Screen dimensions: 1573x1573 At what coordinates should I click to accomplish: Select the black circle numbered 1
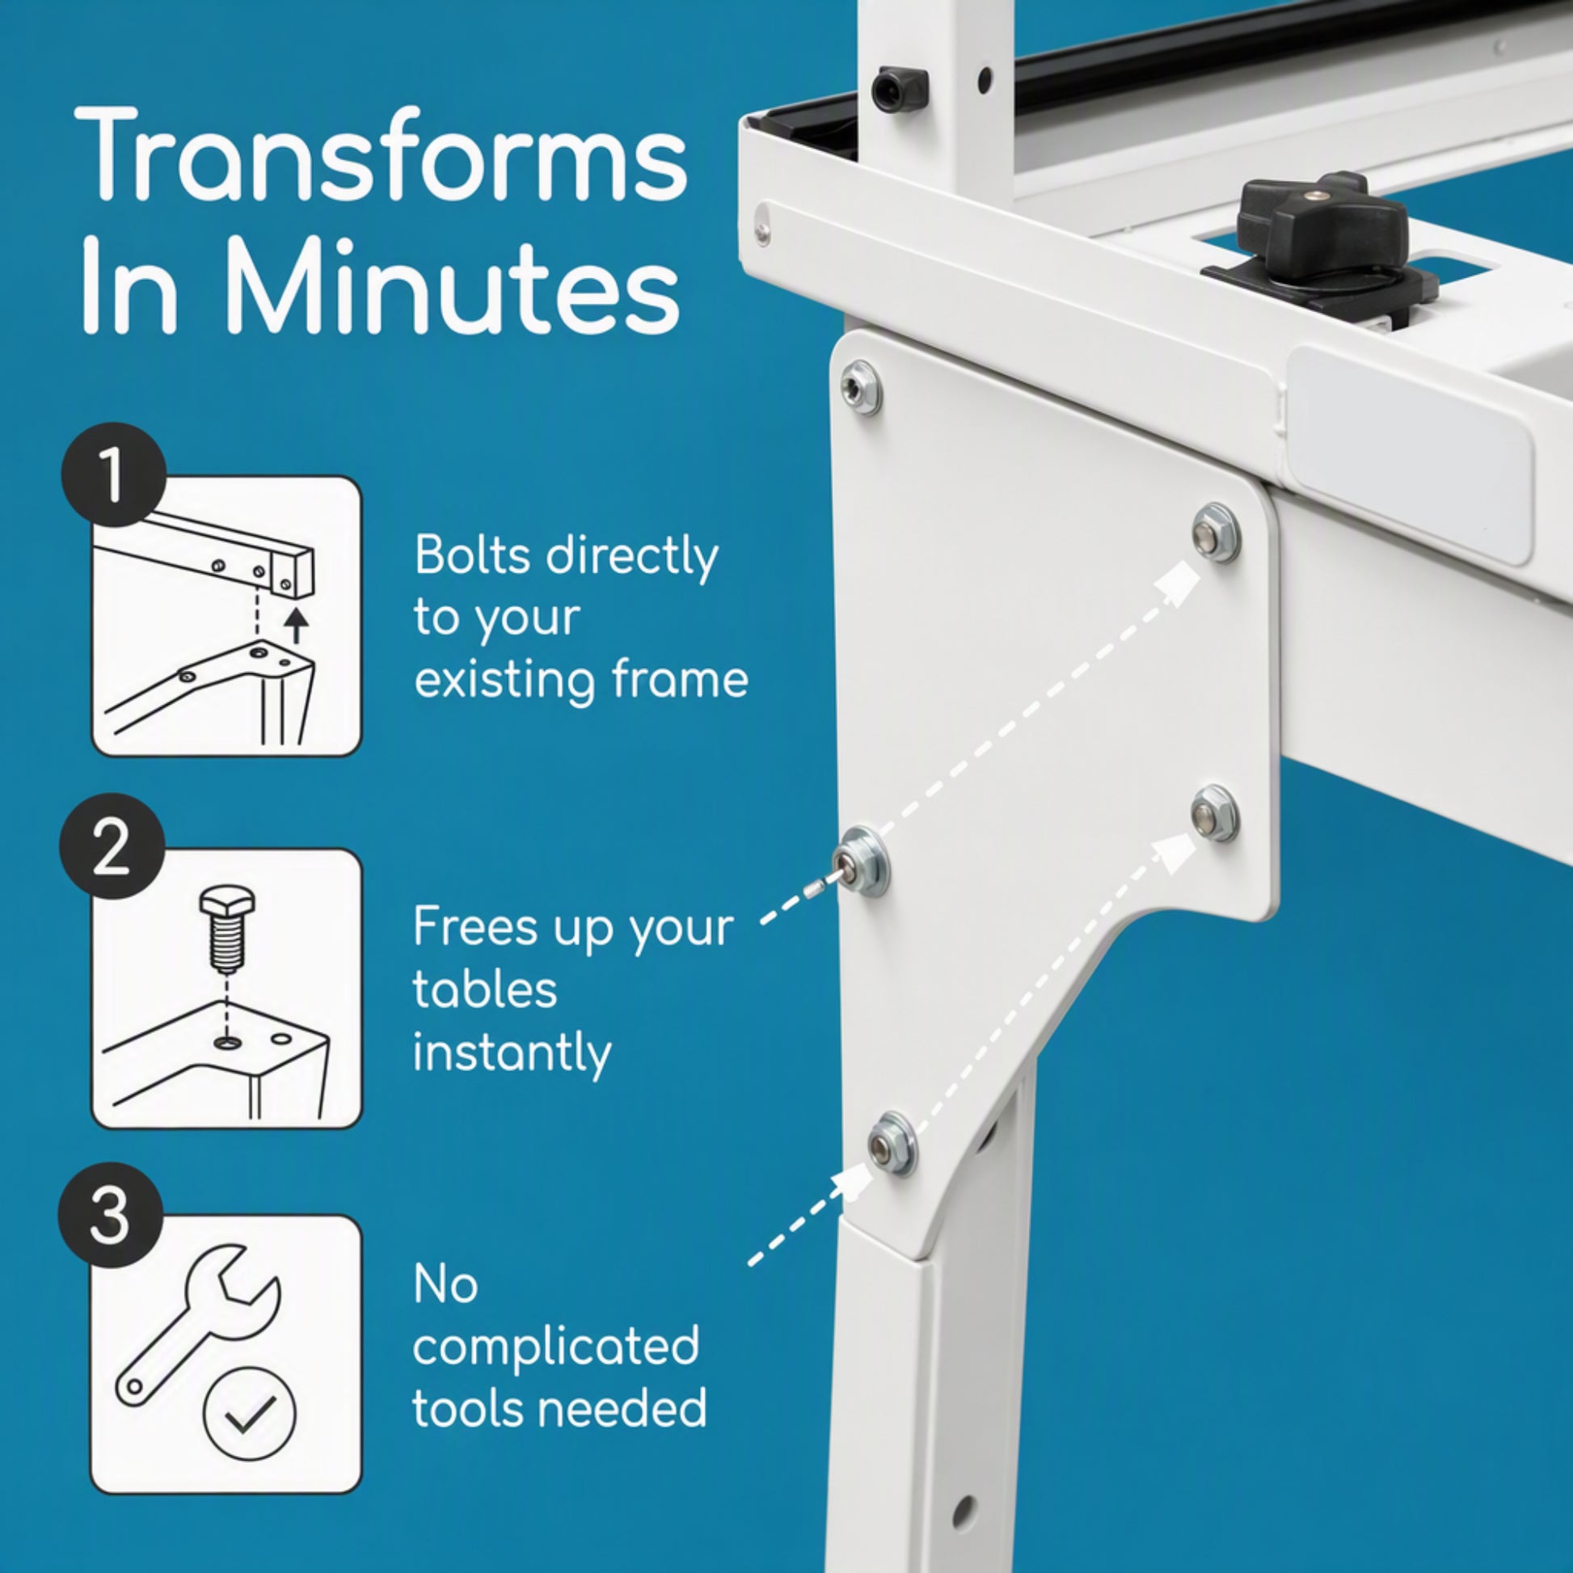coord(114,474)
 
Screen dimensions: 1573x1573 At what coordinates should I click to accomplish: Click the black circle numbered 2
coord(112,846)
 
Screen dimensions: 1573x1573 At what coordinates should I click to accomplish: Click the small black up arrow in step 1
coord(299,626)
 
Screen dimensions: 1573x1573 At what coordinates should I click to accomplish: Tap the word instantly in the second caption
coord(512,1054)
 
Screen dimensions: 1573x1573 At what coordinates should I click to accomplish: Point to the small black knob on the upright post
coord(900,90)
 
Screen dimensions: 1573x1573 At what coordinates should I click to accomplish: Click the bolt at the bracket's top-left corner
coord(860,388)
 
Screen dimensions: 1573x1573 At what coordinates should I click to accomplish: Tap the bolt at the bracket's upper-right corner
coord(1215,533)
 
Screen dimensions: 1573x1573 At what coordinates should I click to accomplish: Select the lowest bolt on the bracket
coord(892,1143)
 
